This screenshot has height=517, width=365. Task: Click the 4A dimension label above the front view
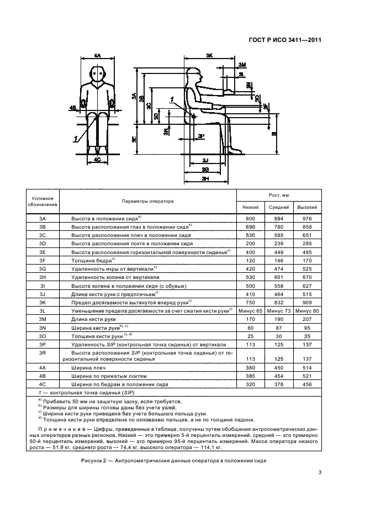pos(97,56)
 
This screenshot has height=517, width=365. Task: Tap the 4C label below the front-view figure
pos(97,160)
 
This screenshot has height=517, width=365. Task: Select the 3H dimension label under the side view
pos(205,179)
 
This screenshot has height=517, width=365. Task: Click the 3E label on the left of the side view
pos(134,140)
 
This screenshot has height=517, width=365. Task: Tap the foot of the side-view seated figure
pos(236,149)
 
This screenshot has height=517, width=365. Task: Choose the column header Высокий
pos(307,208)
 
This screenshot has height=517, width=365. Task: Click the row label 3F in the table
pos(42,259)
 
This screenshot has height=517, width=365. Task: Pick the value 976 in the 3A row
pos(307,218)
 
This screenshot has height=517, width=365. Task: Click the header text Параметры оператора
pos(147,201)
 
